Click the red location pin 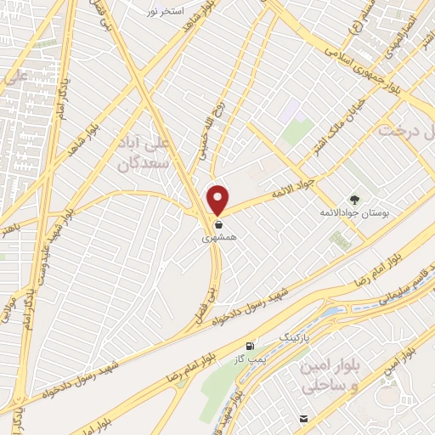pos(218,199)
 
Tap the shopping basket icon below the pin pos(219,225)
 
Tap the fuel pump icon pos(250,347)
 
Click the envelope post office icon pos(303,419)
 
